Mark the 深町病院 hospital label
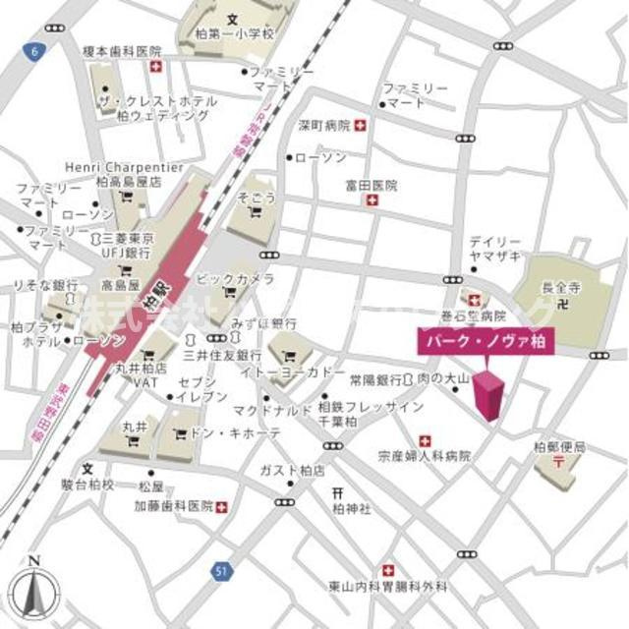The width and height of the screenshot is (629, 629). tap(324, 126)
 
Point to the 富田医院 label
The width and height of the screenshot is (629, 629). tap(371, 185)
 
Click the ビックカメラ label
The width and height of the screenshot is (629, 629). tap(235, 280)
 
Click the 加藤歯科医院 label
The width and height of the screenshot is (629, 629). tap(174, 507)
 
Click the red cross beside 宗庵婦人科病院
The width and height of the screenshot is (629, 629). tap(425, 440)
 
